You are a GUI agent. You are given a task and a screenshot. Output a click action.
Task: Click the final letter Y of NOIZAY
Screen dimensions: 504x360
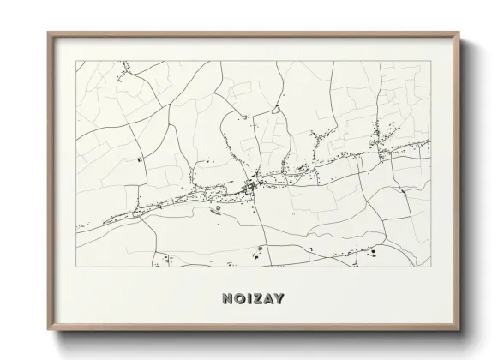coord(282,299)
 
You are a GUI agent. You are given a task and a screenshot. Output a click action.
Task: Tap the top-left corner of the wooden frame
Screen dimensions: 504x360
coord(48,33)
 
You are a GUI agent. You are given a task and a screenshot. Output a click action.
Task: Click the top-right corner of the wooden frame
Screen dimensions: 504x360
coord(460,33)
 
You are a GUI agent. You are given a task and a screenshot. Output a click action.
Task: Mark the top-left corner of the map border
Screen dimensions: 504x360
coord(76,61)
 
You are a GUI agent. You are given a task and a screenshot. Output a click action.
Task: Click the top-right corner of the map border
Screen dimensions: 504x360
coord(431,61)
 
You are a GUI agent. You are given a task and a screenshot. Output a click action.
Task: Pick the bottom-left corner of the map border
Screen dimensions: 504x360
coord(76,267)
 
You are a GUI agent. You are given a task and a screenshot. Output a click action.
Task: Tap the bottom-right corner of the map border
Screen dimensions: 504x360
coord(431,267)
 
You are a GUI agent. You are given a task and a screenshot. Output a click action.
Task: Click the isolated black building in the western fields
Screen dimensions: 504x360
coord(140,159)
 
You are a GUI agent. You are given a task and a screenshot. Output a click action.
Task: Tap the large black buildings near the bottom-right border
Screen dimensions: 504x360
coord(371,252)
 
